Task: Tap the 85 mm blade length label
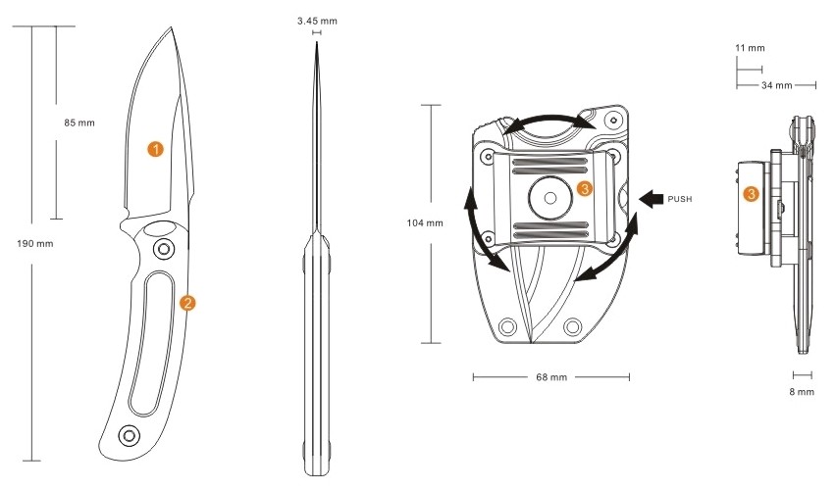click(x=79, y=122)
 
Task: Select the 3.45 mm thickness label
click(x=316, y=20)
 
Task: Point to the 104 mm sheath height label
click(x=424, y=223)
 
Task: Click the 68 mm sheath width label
click(x=550, y=375)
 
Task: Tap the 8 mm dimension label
click(x=803, y=391)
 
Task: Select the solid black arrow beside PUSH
click(x=650, y=199)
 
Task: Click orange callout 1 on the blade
click(x=154, y=148)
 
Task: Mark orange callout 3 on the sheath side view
click(x=752, y=194)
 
